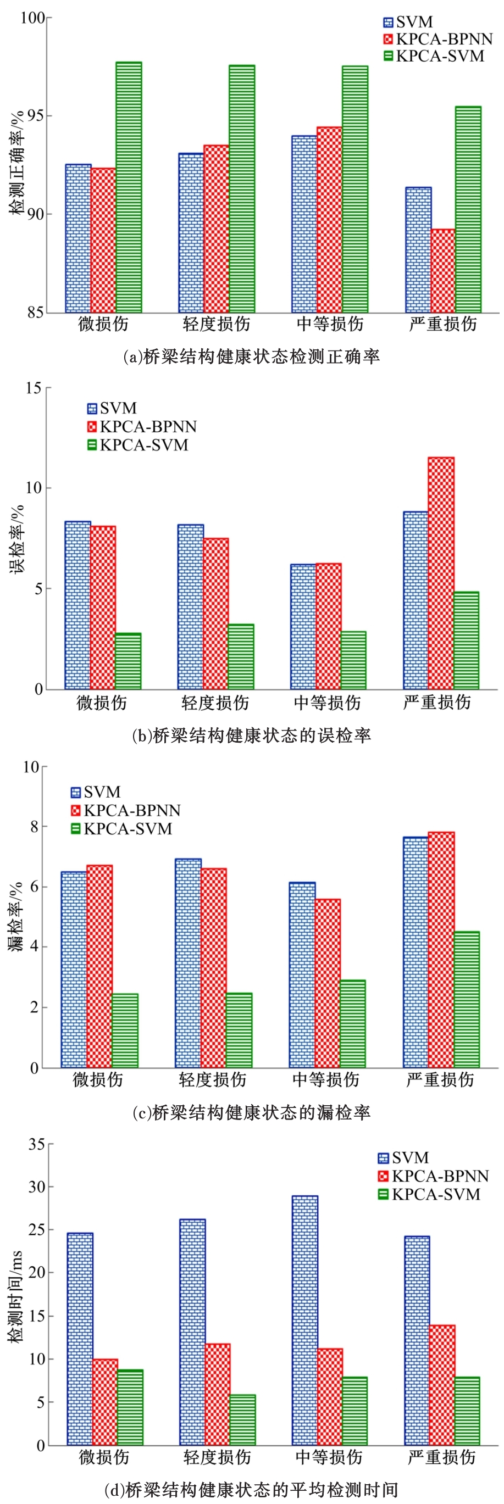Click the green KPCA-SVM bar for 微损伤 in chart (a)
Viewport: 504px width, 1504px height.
(x=129, y=187)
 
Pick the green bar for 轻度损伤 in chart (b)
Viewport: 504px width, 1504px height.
(x=241, y=656)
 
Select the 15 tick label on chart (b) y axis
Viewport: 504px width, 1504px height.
(x=34, y=388)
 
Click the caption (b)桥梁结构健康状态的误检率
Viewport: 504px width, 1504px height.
(x=252, y=736)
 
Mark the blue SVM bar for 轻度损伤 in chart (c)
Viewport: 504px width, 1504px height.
(x=188, y=963)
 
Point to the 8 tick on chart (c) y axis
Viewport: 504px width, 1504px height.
(x=34, y=827)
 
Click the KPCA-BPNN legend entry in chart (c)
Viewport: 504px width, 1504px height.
(x=125, y=810)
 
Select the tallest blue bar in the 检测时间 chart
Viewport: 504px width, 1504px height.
(x=305, y=1320)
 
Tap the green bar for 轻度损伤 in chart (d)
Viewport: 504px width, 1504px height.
(x=242, y=1420)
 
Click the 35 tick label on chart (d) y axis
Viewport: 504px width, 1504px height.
(x=36, y=1144)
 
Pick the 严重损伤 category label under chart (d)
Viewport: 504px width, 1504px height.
(x=442, y=1458)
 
